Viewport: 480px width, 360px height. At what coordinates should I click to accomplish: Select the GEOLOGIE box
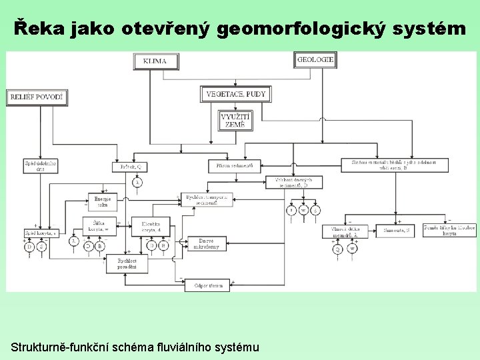pos(315,59)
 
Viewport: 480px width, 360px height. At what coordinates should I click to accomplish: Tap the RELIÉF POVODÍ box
pos(37,97)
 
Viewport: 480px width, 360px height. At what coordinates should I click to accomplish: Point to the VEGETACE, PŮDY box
pos(236,94)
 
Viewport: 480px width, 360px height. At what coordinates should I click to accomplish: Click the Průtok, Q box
pos(131,165)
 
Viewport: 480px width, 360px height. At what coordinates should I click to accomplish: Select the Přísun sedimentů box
pos(235,165)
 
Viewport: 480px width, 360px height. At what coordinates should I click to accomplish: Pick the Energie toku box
pos(103,201)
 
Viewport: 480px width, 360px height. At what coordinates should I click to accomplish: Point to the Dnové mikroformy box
pos(209,244)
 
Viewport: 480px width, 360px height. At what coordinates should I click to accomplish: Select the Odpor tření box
pos(208,285)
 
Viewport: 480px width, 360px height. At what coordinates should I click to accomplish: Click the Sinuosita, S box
pos(397,231)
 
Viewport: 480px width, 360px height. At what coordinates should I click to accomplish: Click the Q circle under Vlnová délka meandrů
pos(337,249)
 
